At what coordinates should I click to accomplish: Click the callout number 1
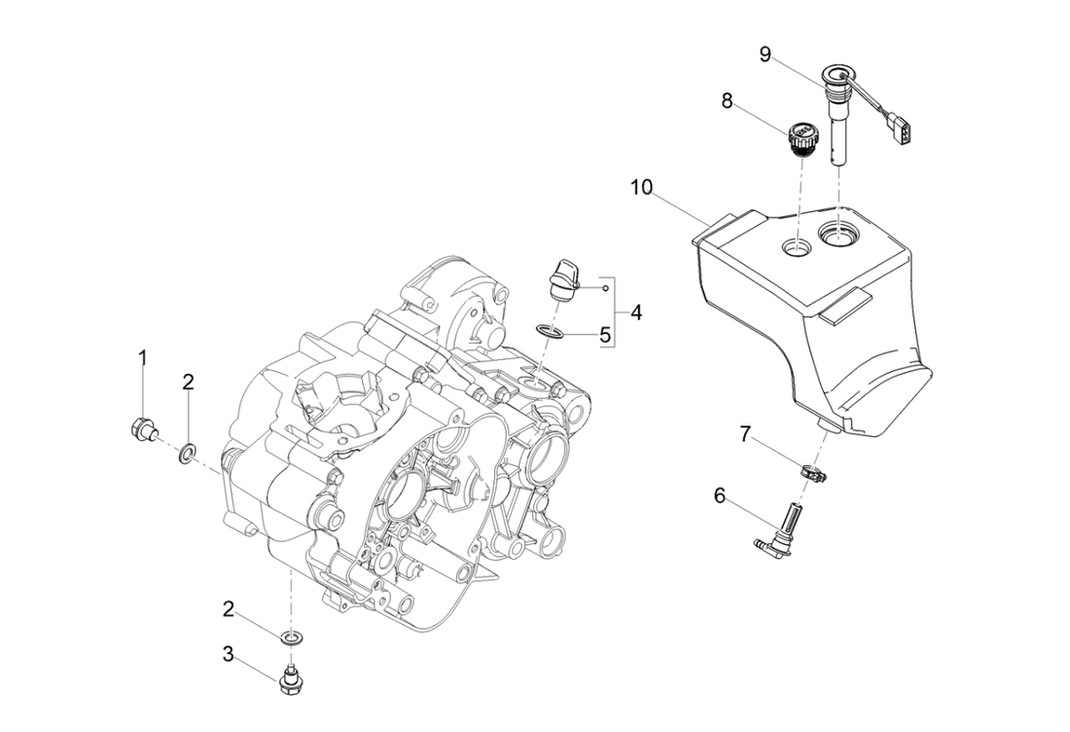[x=143, y=358]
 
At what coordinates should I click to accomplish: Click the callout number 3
[x=228, y=654]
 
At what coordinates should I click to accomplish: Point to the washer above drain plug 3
[x=289, y=638]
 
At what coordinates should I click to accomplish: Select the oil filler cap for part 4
[x=564, y=277]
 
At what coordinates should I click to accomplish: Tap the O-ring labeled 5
[x=549, y=333]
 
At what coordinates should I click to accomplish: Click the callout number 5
[x=605, y=336]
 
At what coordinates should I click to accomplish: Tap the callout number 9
[x=766, y=55]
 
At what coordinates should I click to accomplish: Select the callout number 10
[x=640, y=185]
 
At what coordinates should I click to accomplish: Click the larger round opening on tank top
[x=839, y=233]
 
